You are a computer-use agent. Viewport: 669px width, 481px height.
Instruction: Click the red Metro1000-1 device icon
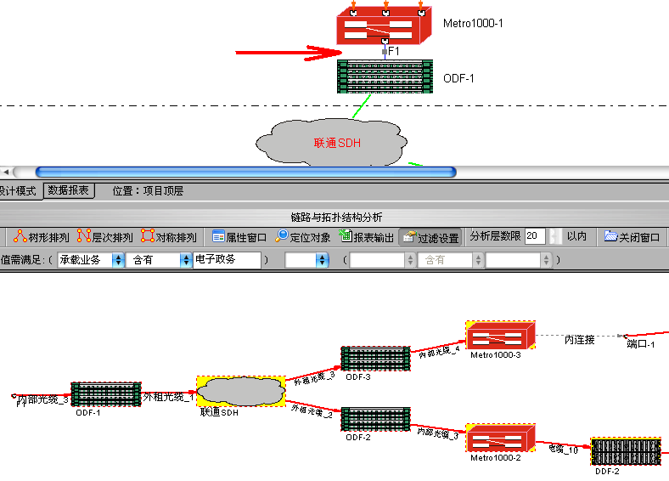(385, 28)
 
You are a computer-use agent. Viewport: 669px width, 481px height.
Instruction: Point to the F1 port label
(394, 52)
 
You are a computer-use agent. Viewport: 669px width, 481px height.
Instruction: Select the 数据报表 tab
(70, 191)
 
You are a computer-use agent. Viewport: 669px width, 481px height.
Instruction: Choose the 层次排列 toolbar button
(104, 237)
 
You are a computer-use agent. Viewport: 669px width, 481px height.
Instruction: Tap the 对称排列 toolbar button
(169, 237)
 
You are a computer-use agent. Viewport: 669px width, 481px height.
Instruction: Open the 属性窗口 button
(239, 237)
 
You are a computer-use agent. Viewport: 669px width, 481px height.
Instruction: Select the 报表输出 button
(367, 237)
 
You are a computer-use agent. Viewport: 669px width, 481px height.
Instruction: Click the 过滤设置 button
(430, 237)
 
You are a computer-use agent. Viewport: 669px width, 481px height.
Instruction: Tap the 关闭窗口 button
(632, 237)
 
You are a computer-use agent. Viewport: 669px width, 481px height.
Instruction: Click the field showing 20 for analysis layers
(535, 236)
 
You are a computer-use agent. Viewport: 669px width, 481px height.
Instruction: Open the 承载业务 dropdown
(89, 260)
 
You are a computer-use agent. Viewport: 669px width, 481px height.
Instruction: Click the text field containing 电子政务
(227, 260)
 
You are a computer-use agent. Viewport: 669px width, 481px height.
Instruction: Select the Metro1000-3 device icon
(499, 337)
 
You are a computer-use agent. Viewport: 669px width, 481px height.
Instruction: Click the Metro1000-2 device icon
(499, 439)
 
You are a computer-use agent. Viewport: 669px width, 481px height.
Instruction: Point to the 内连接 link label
(580, 340)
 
